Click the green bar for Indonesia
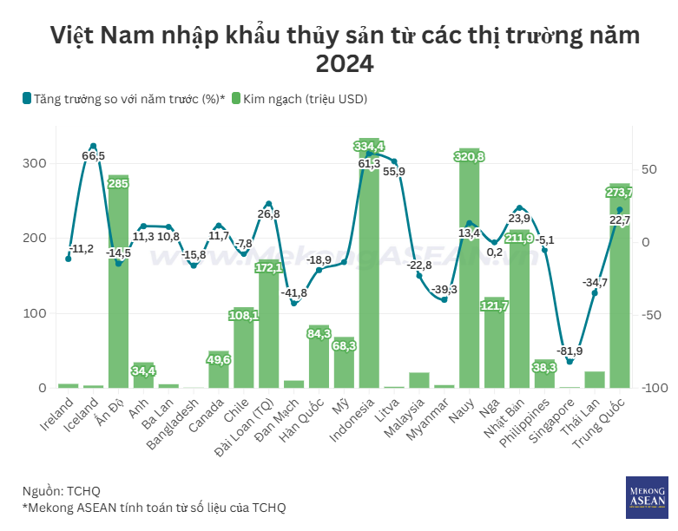pos(369,278)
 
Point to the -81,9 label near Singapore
pos(569,351)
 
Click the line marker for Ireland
pos(68,259)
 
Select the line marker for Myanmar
pos(444,299)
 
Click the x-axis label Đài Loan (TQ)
pos(253,423)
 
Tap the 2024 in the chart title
pos(345,64)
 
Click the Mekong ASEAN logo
pos(647,497)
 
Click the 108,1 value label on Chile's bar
pos(244,316)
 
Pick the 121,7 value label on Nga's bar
pos(494,305)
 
